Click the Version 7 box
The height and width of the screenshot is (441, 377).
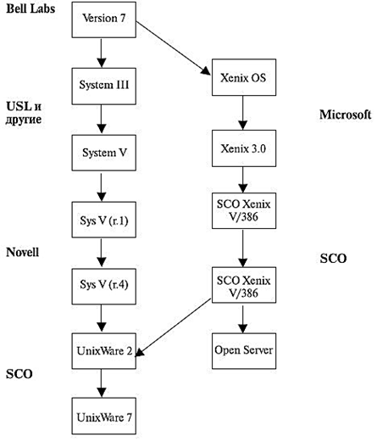click(104, 20)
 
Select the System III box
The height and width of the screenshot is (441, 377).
click(104, 87)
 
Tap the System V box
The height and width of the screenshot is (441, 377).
click(104, 153)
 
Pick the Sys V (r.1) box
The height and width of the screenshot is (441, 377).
click(104, 220)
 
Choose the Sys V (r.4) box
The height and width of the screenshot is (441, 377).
click(104, 287)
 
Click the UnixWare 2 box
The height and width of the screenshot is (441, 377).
click(104, 351)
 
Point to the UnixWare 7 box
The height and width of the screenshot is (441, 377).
click(104, 416)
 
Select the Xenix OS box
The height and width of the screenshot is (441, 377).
click(244, 77)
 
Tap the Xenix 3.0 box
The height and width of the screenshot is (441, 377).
click(244, 148)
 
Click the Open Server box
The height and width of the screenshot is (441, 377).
click(244, 351)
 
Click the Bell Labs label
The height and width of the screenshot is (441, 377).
click(30, 8)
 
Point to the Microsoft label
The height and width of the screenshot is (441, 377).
click(345, 114)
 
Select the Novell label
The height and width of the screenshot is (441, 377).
click(22, 252)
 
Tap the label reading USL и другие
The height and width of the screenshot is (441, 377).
click(24, 113)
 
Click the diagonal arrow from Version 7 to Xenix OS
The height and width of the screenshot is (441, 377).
click(174, 48)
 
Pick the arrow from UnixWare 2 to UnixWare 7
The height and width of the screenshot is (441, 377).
click(102, 383)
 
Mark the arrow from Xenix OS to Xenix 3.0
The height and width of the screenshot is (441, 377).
click(243, 113)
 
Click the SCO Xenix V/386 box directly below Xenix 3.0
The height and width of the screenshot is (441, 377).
click(244, 211)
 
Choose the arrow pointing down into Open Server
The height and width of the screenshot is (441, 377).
click(243, 319)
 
